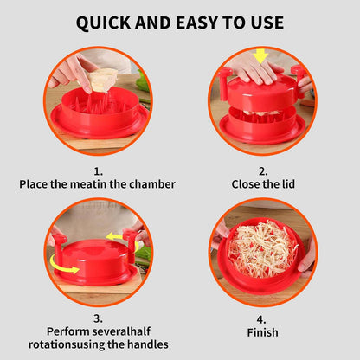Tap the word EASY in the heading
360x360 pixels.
196,22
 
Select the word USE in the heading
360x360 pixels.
267,22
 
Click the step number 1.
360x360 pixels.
98,171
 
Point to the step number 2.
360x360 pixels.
263,171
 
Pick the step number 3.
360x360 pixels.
98,318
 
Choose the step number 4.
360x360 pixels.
261,319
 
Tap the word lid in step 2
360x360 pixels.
288,184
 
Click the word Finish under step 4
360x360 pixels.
263,332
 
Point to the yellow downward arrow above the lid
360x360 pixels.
261,56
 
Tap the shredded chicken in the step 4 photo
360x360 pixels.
263,248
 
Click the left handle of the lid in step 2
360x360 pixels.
224,84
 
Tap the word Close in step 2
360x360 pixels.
247,184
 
